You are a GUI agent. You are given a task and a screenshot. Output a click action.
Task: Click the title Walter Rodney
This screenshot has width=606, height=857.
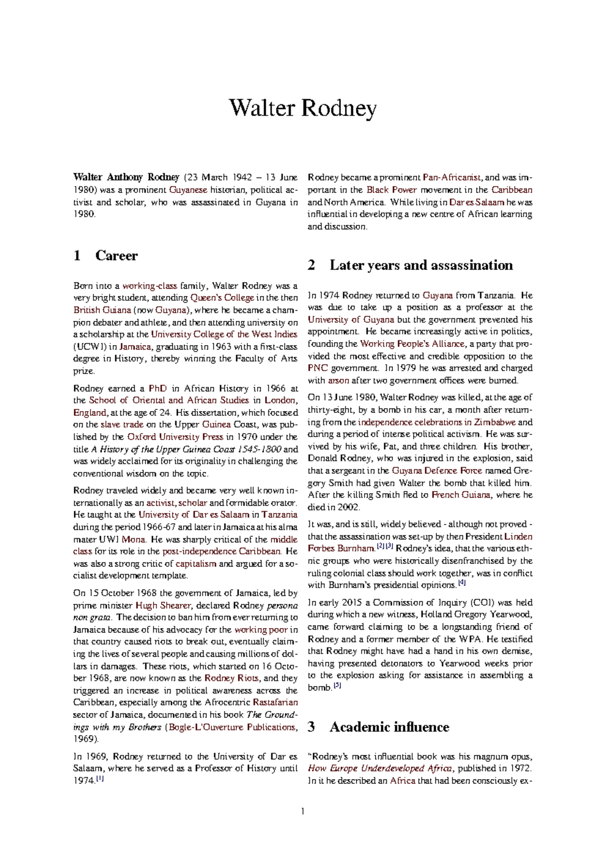[302, 108]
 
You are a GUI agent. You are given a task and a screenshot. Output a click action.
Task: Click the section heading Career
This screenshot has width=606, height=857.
[116, 256]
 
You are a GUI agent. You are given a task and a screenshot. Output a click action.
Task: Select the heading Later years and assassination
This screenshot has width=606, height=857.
[421, 265]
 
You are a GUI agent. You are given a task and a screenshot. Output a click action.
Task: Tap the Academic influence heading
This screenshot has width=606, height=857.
[389, 727]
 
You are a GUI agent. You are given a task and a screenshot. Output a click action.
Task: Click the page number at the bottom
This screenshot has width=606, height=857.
[303, 812]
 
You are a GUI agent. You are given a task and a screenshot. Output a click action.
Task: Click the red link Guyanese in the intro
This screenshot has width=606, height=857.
[188, 190]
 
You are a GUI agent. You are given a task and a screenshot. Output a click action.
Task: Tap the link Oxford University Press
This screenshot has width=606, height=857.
[175, 437]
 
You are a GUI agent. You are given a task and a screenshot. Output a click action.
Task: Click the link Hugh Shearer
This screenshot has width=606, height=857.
[163, 605]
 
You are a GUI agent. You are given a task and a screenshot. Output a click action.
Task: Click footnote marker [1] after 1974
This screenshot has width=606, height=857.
[100, 779]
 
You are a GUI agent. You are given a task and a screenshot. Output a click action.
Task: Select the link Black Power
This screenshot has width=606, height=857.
[391, 190]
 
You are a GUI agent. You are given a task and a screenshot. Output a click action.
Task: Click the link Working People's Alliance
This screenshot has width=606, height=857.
[412, 344]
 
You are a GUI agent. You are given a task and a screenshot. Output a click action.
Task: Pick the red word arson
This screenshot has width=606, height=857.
[338, 380]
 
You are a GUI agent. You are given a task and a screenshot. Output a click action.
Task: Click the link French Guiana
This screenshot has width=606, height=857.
[461, 495]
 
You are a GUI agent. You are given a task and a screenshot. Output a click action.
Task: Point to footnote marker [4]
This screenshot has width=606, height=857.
[462, 583]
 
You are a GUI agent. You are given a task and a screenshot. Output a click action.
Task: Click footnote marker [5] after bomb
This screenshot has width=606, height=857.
[337, 686]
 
